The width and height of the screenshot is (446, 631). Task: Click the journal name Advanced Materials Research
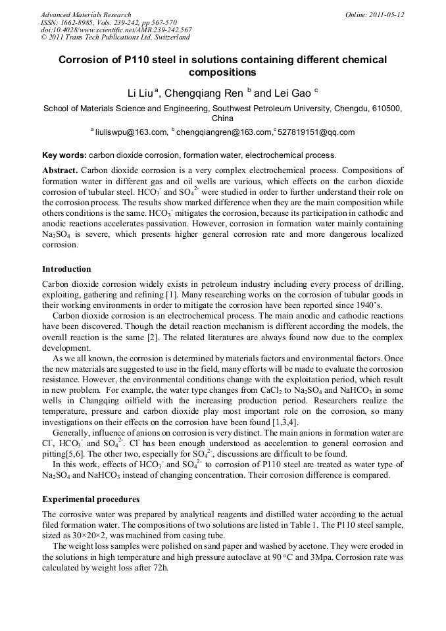point(86,14)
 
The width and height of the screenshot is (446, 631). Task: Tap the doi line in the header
point(116,30)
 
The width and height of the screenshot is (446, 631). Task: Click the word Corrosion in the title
point(86,60)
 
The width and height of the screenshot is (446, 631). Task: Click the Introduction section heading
point(66,269)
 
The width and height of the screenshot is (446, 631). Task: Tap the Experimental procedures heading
point(91,499)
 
